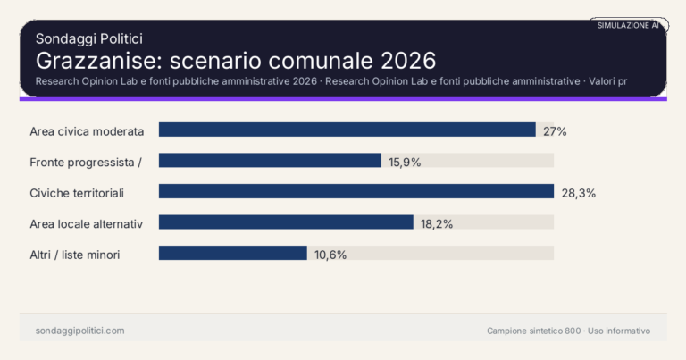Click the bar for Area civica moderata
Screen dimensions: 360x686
click(347, 130)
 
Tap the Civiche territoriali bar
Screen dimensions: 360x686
click(356, 192)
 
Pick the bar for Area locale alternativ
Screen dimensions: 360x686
click(286, 222)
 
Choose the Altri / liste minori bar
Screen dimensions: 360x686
click(232, 254)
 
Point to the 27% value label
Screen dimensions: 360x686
click(555, 131)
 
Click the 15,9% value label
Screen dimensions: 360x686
click(405, 162)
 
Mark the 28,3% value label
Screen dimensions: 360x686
click(578, 193)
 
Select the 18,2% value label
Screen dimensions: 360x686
click(437, 223)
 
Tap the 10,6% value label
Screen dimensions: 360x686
click(330, 255)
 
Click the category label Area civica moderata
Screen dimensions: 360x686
click(87, 131)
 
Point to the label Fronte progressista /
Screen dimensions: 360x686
click(87, 162)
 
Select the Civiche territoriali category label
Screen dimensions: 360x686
click(77, 193)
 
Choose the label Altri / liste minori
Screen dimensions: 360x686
click(75, 255)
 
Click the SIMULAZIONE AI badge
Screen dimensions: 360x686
click(628, 26)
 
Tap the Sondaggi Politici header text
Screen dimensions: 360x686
click(89, 38)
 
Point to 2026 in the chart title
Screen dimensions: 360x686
click(407, 61)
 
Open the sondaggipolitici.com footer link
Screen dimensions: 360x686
click(79, 331)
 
